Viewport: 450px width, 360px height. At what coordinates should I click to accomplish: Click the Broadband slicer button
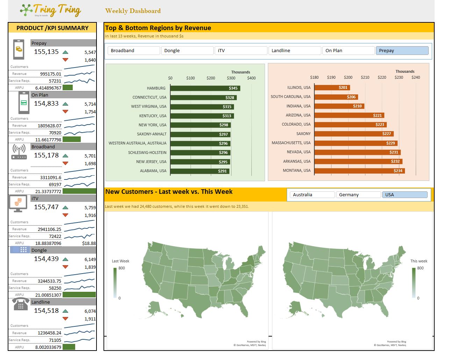click(134, 51)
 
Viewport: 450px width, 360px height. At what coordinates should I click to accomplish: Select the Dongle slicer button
click(187, 51)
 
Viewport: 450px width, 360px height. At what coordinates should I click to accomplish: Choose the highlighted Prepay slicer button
click(402, 51)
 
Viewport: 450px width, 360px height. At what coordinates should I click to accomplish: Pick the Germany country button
click(358, 195)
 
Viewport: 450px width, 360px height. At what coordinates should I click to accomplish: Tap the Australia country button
click(311, 195)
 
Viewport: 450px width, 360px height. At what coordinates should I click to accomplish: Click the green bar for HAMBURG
click(205, 88)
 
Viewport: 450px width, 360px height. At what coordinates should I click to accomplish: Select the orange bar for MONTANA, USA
click(359, 171)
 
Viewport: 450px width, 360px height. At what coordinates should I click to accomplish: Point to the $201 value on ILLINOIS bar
click(343, 87)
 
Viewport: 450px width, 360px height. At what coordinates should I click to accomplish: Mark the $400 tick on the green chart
click(251, 78)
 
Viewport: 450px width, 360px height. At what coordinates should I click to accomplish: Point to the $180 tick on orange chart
click(314, 77)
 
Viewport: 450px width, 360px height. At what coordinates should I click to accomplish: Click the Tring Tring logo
click(51, 10)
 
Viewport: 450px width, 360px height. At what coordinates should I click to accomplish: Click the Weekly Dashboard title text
click(133, 11)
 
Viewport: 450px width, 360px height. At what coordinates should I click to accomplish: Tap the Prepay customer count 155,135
click(46, 52)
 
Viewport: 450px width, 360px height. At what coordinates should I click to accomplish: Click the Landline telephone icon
click(21, 304)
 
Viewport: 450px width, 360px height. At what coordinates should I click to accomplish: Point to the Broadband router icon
click(19, 152)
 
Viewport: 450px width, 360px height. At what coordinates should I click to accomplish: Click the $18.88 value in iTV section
click(89, 243)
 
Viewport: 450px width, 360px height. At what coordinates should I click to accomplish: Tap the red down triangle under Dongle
click(65, 267)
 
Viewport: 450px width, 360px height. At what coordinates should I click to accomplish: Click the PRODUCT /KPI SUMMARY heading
click(52, 28)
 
